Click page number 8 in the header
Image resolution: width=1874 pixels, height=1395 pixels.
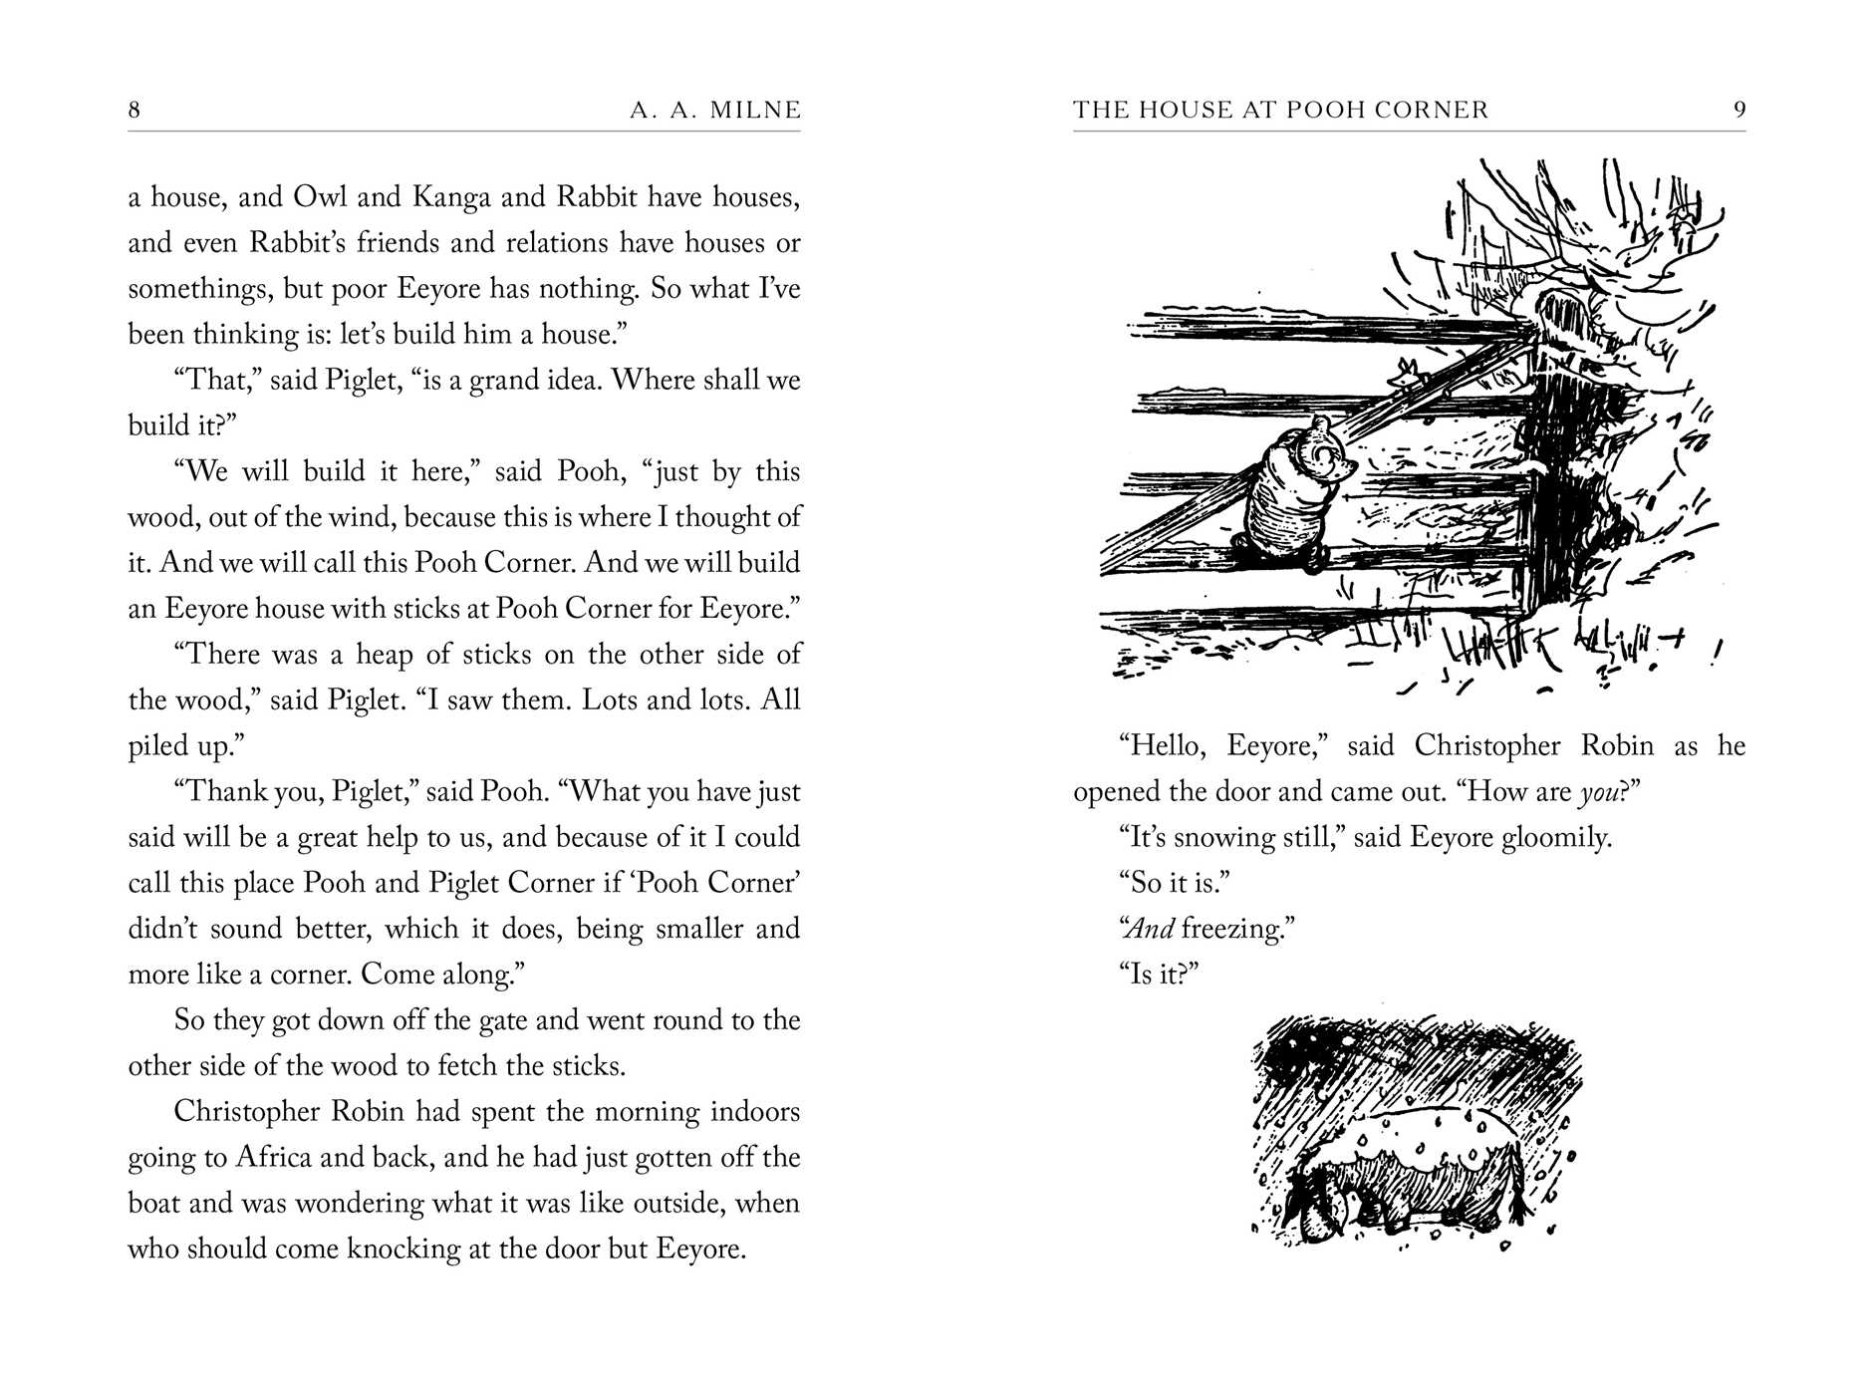(134, 110)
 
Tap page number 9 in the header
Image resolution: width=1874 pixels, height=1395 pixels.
(1740, 110)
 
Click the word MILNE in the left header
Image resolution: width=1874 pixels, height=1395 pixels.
(754, 110)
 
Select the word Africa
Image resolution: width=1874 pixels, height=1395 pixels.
(274, 1157)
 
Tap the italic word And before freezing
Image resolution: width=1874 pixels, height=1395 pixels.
(1149, 929)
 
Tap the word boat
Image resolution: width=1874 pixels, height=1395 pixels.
(153, 1203)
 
